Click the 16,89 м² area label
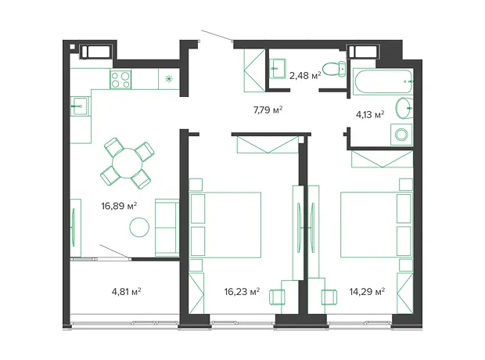[119, 206]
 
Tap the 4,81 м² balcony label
[127, 292]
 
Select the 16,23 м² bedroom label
[242, 292]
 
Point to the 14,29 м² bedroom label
[367, 292]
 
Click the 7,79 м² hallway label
[268, 110]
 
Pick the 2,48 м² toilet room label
[305, 76]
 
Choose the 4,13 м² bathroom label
[370, 115]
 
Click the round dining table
[128, 163]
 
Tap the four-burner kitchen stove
[120, 80]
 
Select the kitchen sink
[79, 106]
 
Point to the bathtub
[383, 81]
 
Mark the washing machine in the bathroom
[401, 135]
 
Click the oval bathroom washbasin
[404, 108]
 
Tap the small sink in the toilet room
[278, 68]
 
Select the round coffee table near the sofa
[139, 228]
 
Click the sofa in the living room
[167, 228]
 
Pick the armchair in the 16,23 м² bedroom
[277, 297]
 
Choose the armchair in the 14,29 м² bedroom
[329, 297]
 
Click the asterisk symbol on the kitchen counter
[169, 79]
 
